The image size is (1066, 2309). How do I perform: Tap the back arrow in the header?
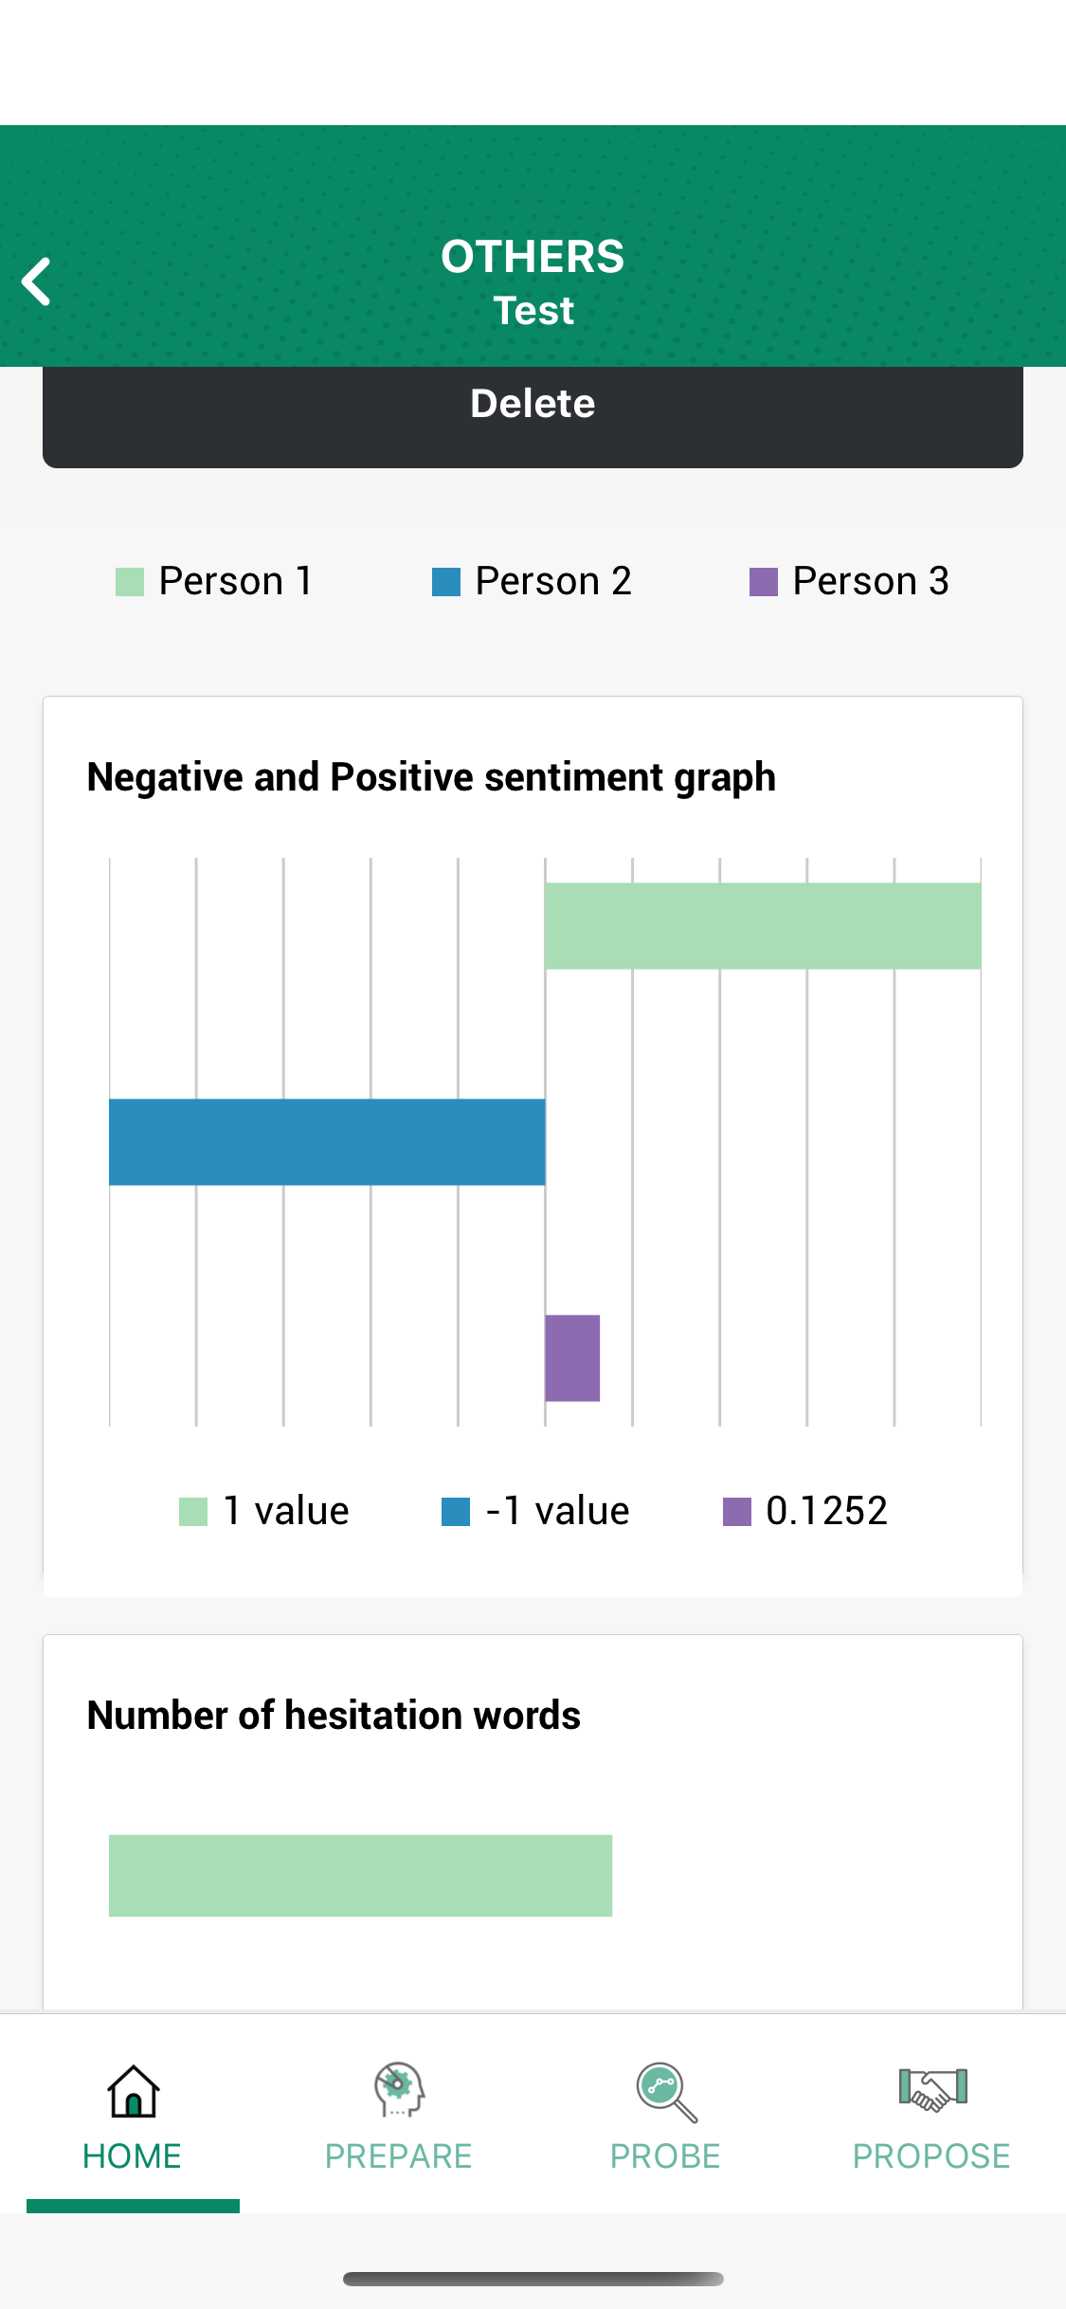[37, 282]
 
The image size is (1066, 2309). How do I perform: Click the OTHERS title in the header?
[533, 257]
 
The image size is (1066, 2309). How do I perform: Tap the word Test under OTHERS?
[533, 311]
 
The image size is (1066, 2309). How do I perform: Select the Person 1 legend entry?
[216, 581]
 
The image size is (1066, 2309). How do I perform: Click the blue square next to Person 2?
[445, 582]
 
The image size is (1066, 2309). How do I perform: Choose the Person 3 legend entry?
[850, 581]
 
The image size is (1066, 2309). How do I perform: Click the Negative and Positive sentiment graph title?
[431, 777]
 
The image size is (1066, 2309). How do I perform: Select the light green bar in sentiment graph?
[763, 926]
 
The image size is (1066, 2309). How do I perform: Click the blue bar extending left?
[327, 1142]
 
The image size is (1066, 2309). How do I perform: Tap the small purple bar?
[572, 1358]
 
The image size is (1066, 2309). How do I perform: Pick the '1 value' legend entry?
[265, 1511]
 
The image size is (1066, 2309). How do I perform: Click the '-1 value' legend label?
[557, 1511]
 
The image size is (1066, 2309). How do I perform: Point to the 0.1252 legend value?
[826, 1511]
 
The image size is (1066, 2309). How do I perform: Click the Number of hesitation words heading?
[334, 1716]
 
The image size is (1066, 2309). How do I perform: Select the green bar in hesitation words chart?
[360, 1876]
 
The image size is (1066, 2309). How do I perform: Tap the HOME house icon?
[133, 2092]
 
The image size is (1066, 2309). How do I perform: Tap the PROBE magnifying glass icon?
[666, 2092]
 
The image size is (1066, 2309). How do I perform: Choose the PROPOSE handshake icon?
[932, 2090]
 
